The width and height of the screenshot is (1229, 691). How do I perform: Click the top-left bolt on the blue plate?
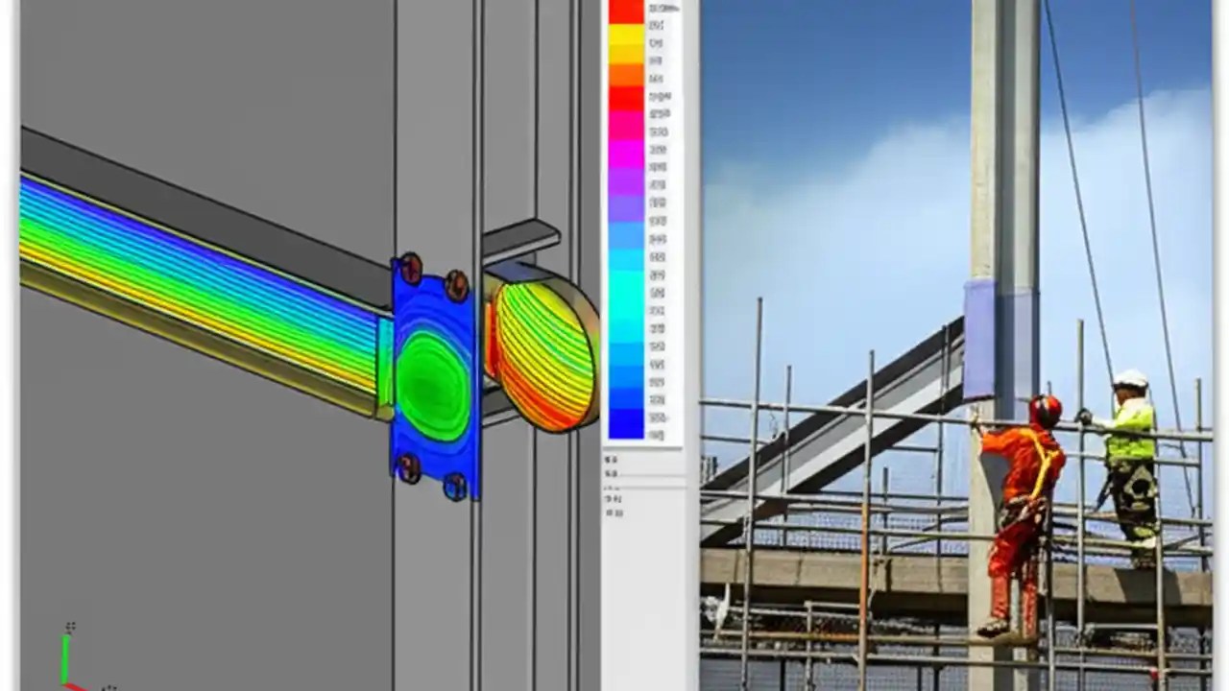click(x=410, y=268)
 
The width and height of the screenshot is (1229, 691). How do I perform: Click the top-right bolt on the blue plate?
click(x=457, y=284)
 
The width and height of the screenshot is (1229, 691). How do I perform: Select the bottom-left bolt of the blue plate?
click(x=409, y=468)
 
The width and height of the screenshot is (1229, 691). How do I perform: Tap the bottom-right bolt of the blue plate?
click(x=455, y=487)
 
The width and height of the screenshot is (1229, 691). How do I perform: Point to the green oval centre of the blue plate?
click(x=433, y=384)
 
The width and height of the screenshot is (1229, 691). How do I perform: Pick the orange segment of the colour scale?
click(x=626, y=75)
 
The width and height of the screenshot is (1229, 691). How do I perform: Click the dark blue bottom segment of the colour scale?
click(x=626, y=422)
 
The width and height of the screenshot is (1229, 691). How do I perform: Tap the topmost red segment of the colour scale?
click(x=626, y=11)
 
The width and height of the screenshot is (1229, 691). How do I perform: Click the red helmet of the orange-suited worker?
click(x=1046, y=411)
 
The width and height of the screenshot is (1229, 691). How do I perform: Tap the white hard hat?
click(x=1130, y=380)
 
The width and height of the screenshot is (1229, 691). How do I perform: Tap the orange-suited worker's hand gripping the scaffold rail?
click(x=976, y=419)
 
